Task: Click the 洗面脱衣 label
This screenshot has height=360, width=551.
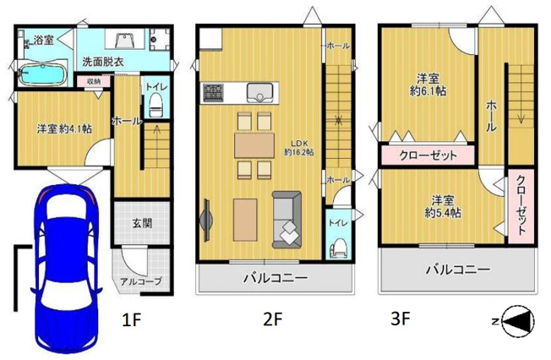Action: tap(103, 62)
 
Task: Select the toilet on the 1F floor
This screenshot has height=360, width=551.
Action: tap(155, 104)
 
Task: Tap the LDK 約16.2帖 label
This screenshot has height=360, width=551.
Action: tap(299, 147)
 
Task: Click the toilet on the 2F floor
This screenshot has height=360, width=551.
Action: tap(340, 245)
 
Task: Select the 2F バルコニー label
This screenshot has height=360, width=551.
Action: tap(275, 278)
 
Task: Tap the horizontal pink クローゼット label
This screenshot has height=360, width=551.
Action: tap(428, 155)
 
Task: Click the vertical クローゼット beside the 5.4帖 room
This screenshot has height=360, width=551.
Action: tap(521, 205)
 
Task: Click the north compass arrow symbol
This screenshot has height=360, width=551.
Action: tap(517, 320)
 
